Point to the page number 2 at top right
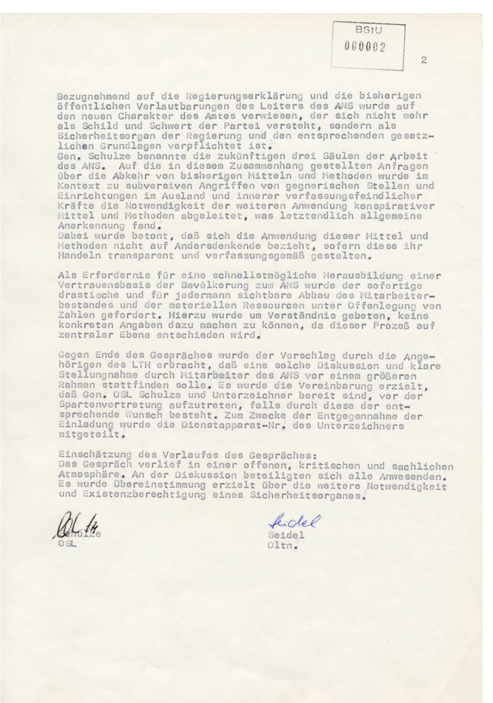click(424, 61)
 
